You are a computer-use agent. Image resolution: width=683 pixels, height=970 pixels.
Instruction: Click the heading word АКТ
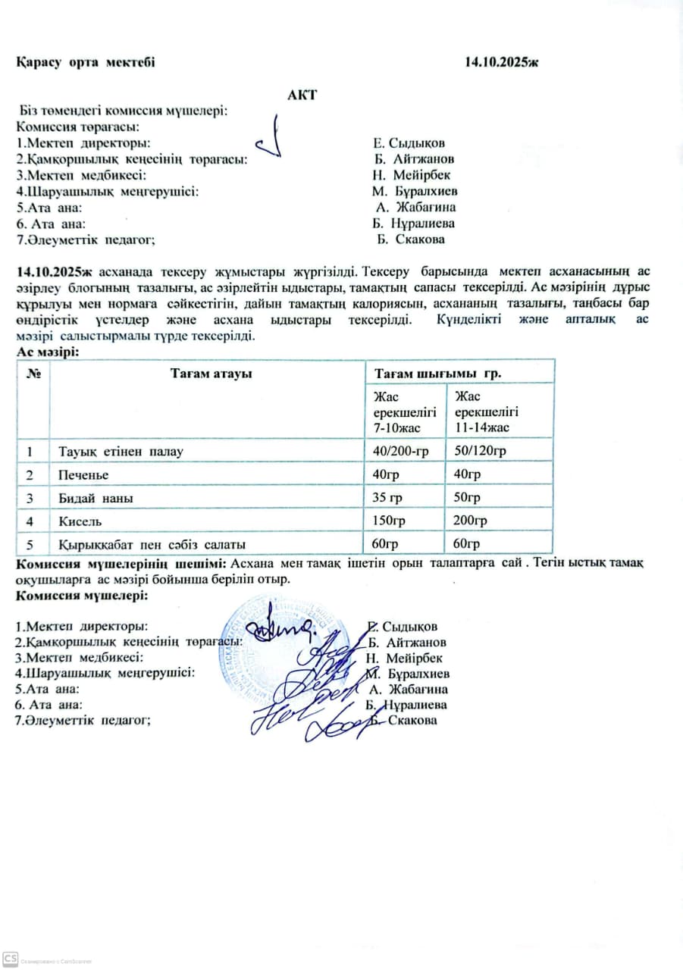(x=302, y=95)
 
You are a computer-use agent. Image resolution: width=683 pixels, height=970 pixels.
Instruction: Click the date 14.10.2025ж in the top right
(x=502, y=62)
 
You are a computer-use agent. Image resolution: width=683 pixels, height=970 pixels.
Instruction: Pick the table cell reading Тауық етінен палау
(x=121, y=452)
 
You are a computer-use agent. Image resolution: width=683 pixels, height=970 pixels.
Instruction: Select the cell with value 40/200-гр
(x=397, y=452)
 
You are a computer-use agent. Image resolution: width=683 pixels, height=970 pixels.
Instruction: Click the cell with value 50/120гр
(x=479, y=452)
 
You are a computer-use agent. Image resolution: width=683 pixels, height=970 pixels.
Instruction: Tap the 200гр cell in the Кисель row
(x=470, y=521)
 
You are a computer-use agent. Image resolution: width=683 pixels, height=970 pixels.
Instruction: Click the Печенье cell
(x=83, y=475)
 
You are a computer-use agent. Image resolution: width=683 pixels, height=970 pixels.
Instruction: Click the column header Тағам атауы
(x=211, y=373)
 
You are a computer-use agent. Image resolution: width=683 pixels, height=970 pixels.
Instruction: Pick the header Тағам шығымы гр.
(x=438, y=373)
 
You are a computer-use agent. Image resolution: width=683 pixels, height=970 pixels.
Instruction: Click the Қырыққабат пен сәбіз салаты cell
(x=152, y=544)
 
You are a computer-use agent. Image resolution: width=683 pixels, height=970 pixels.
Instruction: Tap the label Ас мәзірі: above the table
(x=48, y=352)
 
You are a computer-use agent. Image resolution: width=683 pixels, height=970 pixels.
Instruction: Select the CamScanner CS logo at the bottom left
(x=10, y=958)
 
